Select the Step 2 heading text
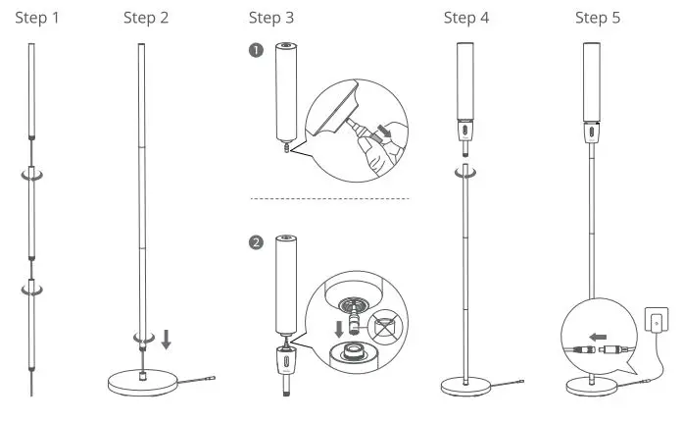point(147,18)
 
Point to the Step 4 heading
point(467,18)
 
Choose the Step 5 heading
point(598,18)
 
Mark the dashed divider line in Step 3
point(328,199)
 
